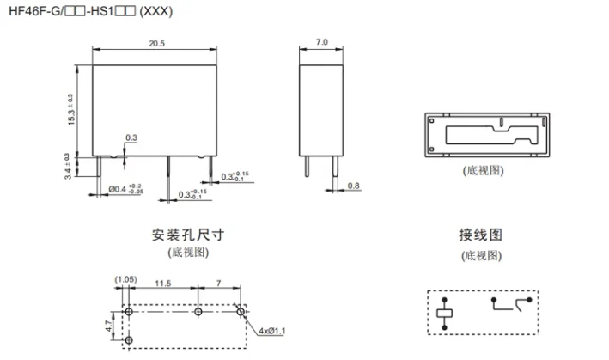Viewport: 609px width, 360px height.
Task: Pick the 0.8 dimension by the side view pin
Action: [x=354, y=186]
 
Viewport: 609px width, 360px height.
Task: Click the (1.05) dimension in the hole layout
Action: [x=125, y=280]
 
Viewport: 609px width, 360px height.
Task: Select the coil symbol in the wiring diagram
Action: [x=444, y=313]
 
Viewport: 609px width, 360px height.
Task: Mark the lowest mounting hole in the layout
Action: [x=129, y=341]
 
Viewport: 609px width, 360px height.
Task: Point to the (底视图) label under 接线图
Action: [x=480, y=255]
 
